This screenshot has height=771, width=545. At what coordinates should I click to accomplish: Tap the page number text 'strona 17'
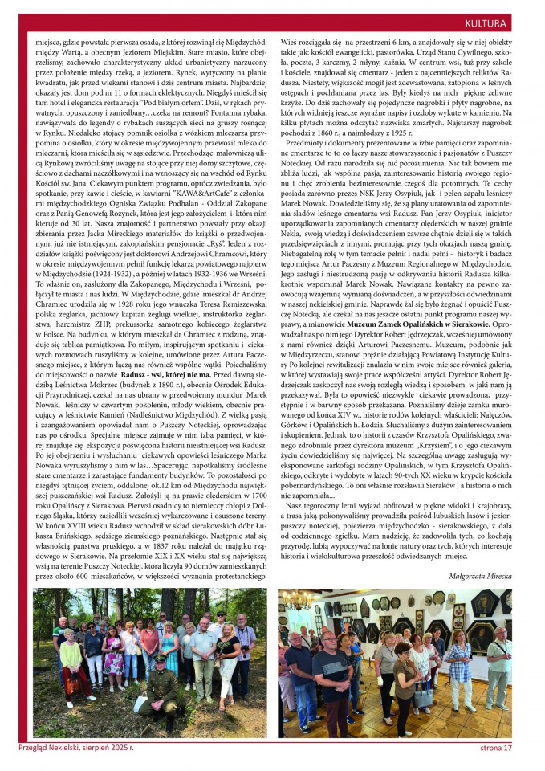tap(491, 747)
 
